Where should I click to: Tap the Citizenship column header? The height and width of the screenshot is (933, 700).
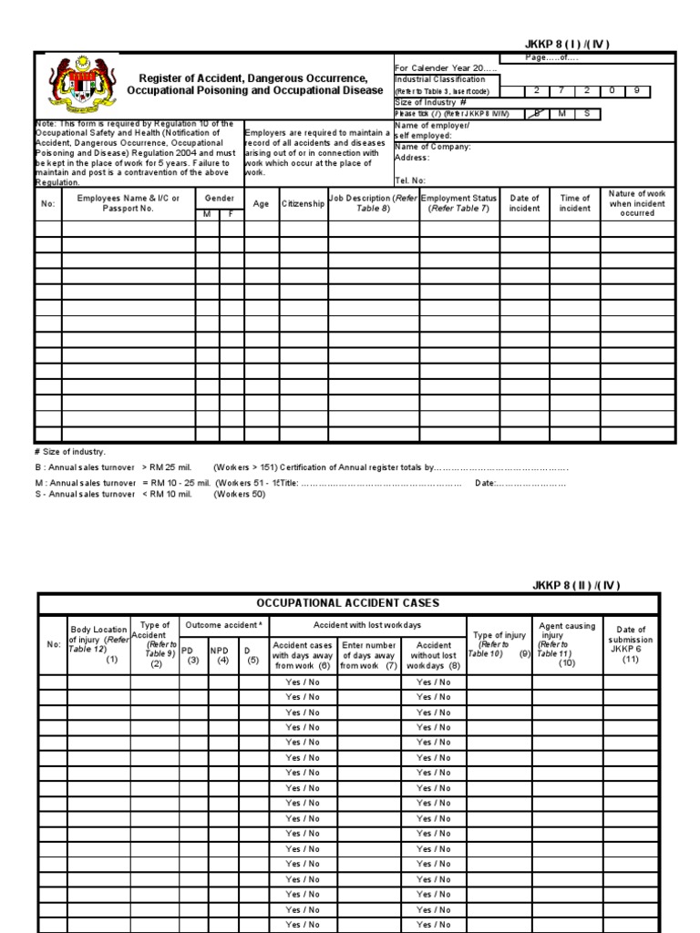click(x=303, y=204)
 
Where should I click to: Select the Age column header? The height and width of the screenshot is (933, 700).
click(x=261, y=204)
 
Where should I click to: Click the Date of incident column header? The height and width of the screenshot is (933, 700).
click(x=524, y=203)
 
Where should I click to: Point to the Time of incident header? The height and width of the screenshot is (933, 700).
click(x=574, y=203)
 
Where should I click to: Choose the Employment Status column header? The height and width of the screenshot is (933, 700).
click(x=459, y=203)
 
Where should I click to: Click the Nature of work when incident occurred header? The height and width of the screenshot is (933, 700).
click(x=637, y=203)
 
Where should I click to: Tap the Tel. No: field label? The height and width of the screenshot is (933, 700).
click(x=411, y=180)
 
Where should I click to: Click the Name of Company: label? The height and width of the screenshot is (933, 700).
click(x=433, y=147)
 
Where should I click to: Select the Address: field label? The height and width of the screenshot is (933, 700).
click(x=412, y=158)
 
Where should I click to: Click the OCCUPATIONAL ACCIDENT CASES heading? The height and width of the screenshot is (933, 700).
click(x=346, y=603)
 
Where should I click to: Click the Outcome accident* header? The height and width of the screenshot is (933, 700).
click(x=223, y=625)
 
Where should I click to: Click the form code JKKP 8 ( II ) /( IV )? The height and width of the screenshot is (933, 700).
click(x=576, y=585)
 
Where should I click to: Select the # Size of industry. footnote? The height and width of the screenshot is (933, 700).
click(x=69, y=452)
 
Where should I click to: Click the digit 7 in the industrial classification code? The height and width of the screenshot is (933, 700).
click(x=562, y=91)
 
